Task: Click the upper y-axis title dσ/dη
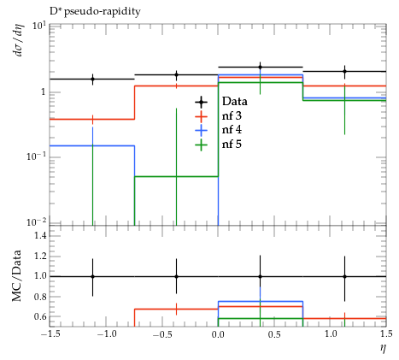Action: pos(20,40)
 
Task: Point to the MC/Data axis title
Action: pos(16,275)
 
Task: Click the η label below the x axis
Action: pos(383,348)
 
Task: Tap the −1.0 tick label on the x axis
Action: pos(106,333)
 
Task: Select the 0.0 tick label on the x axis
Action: pos(218,333)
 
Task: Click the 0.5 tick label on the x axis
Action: pos(274,333)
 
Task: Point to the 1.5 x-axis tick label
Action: pos(386,333)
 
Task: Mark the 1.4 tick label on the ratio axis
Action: pos(40,236)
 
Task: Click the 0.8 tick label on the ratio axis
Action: pos(40,297)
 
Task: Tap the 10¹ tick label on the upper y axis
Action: pos(39,27)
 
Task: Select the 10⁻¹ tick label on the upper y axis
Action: pos(37,156)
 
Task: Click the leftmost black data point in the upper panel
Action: pos(92,80)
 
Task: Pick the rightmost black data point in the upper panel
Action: pos(345,71)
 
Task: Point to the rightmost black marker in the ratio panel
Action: pos(345,276)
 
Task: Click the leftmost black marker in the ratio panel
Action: pos(92,276)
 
